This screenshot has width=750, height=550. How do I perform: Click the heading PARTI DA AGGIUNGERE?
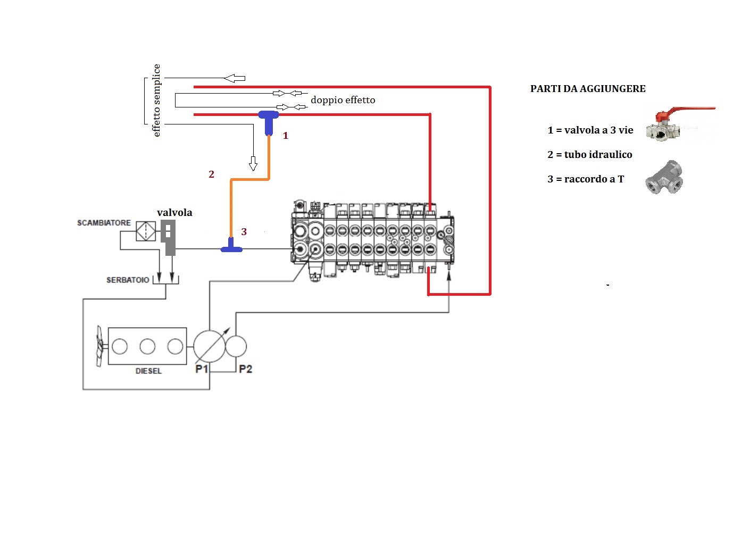[588, 89]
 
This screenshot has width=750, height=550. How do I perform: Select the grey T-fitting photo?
[664, 178]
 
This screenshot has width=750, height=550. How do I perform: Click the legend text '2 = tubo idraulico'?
[590, 155]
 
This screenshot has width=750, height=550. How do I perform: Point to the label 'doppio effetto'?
[343, 100]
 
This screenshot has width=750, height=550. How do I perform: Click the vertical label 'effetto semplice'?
[156, 101]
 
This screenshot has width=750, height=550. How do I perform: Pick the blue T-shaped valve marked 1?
[269, 121]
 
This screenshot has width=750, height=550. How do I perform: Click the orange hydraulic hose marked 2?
[250, 180]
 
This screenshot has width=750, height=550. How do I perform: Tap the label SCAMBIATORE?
[104, 223]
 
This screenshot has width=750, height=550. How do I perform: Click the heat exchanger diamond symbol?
[146, 231]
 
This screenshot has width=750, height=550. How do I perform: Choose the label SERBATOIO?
[128, 280]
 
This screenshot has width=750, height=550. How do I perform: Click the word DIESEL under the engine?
[148, 371]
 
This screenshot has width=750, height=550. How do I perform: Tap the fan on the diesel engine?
[100, 346]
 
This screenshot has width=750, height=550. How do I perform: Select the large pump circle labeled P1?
[209, 346]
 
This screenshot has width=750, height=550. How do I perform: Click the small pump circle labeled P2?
[236, 346]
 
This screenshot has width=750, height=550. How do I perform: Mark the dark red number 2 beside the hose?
[211, 174]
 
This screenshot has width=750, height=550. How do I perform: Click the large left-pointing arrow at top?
[235, 79]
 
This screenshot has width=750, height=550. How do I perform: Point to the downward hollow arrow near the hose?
[253, 163]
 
